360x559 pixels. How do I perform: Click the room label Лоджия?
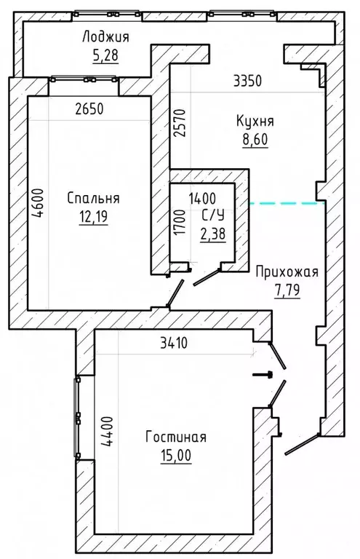105,37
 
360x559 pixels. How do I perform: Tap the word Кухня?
255,121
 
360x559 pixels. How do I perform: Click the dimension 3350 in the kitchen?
247,81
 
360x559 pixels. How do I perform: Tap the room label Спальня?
92,198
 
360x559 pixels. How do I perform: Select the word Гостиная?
175,437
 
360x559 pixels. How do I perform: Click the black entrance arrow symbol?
263,374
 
